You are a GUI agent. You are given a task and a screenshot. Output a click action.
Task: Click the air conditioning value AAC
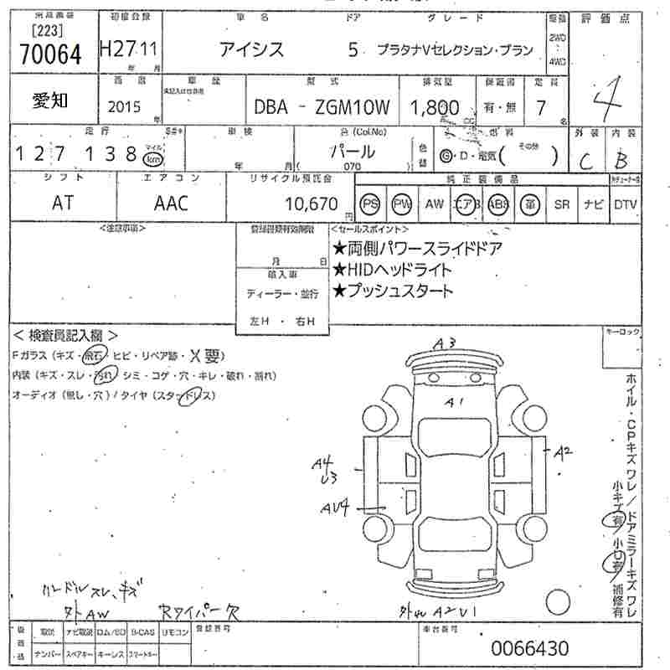[171, 204]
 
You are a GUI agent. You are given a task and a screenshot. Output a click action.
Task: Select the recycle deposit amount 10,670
[312, 204]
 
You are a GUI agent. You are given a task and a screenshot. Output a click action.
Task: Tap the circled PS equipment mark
[370, 204]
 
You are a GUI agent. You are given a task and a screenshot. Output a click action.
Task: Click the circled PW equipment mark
[402, 204]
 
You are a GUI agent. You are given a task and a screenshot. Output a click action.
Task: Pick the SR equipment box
[561, 204]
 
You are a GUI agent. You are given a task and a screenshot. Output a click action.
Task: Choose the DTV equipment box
[625, 204]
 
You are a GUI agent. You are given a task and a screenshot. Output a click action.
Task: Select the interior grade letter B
[622, 158]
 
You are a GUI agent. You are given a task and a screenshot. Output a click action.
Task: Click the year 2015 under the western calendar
[125, 107]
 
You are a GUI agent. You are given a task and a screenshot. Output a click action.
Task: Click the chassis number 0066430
[529, 647]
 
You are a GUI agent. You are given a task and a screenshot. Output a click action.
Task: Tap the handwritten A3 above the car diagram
[445, 343]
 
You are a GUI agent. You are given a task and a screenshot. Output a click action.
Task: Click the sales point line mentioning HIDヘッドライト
[392, 270]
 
